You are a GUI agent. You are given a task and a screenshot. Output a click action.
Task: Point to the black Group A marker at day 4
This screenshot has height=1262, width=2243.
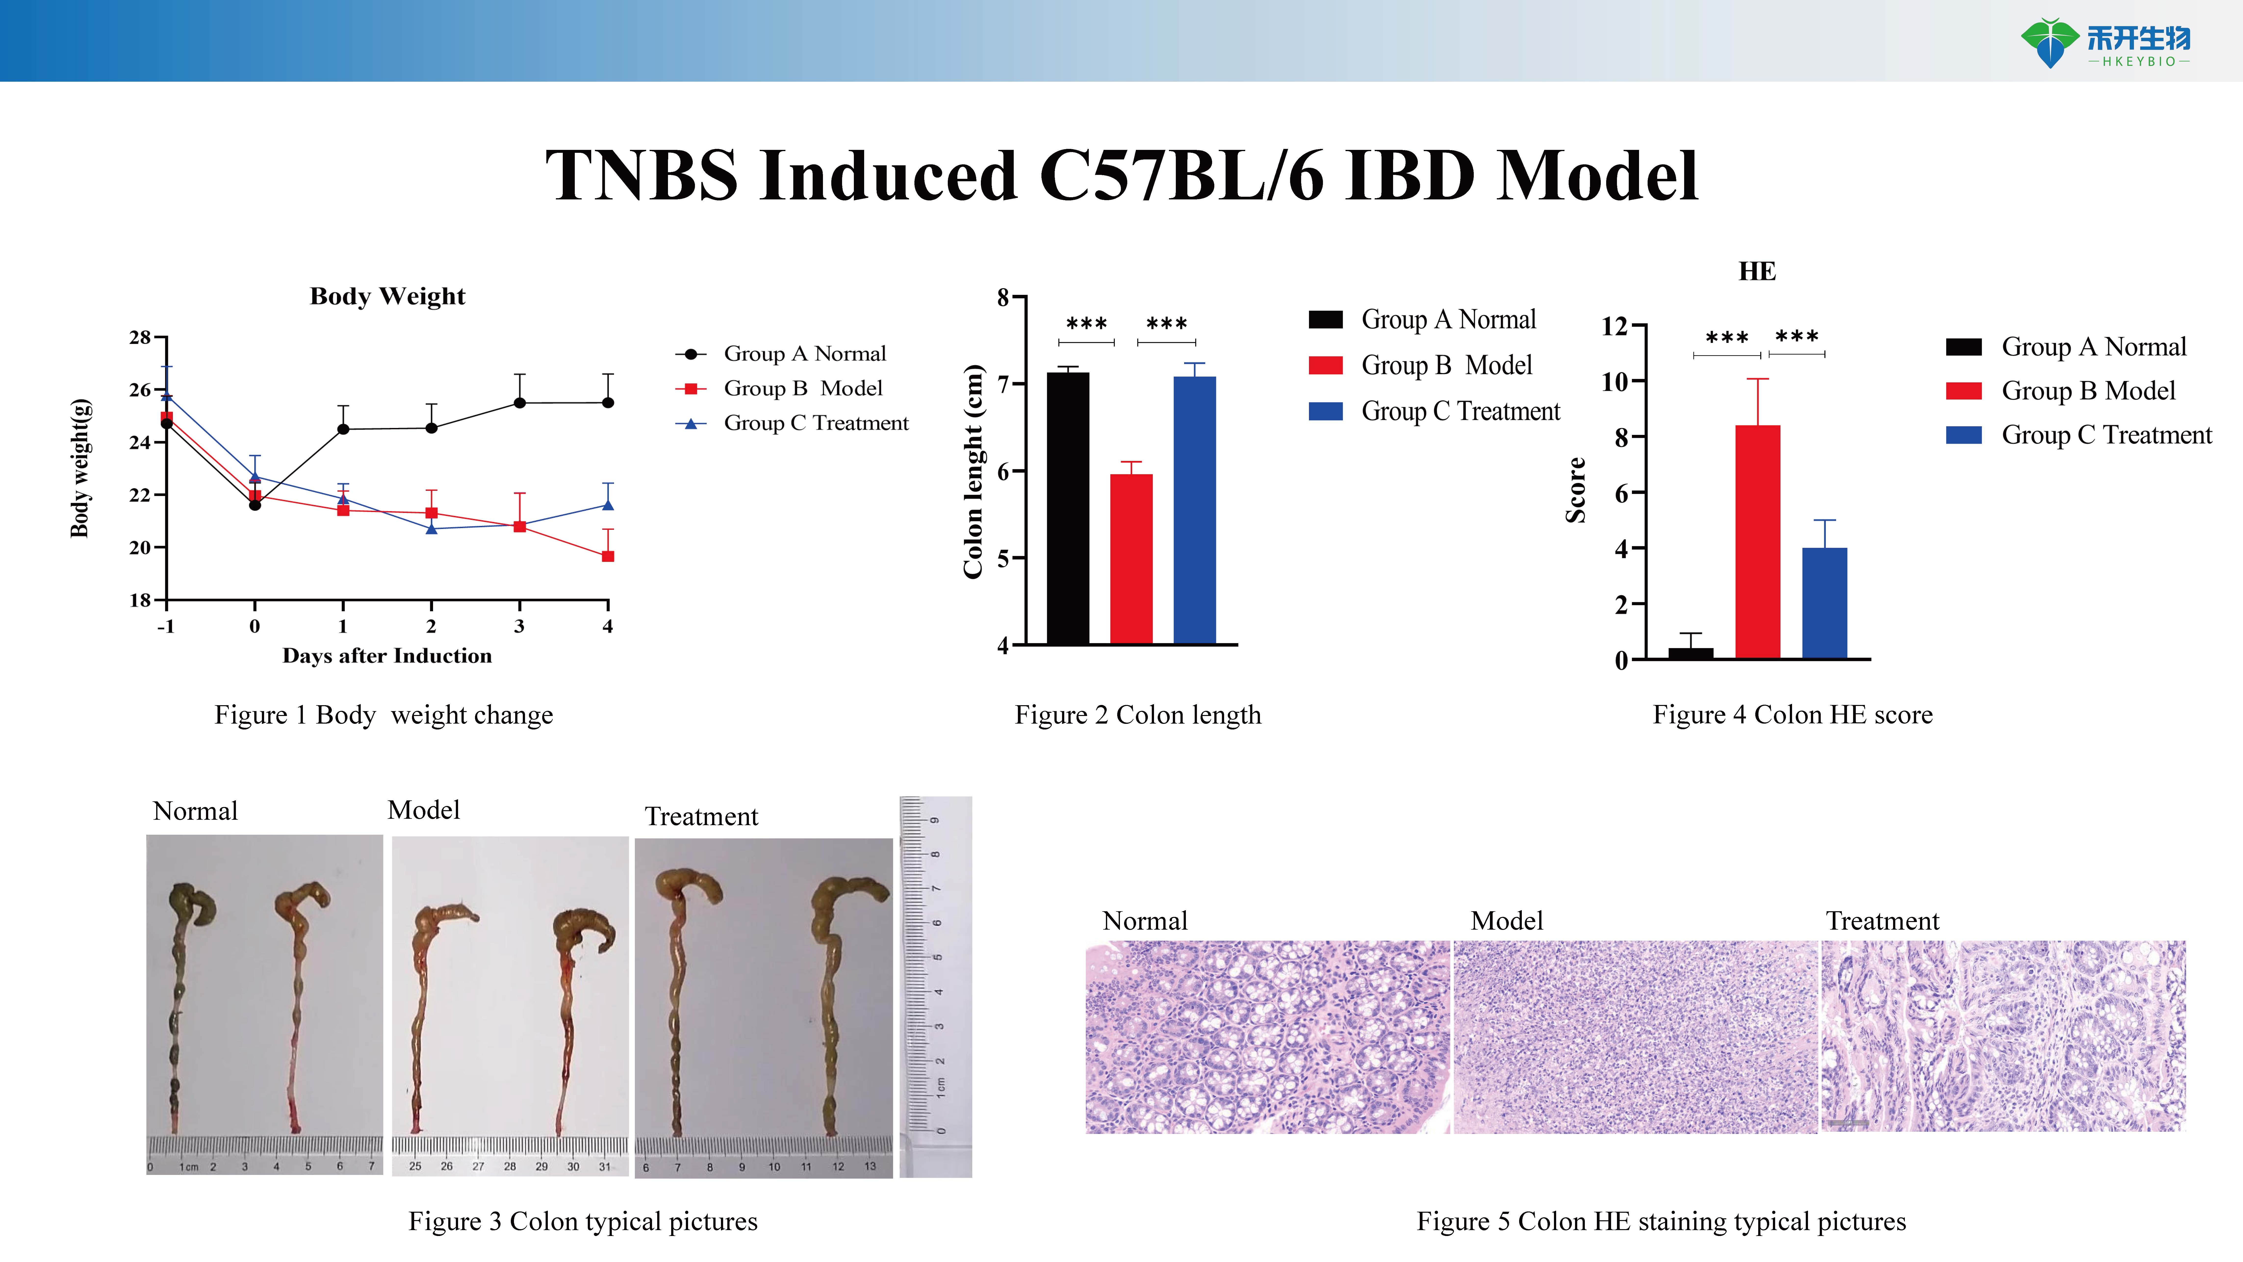[x=608, y=402]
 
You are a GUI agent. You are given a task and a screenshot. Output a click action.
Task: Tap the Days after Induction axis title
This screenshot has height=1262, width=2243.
[x=387, y=656]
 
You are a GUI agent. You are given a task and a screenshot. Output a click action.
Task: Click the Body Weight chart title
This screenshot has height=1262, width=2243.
[x=387, y=296]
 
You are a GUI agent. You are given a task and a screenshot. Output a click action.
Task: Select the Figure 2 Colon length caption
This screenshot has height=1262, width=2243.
[x=1137, y=715]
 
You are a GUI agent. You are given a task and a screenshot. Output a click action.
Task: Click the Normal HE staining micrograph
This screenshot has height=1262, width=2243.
[x=1267, y=1036]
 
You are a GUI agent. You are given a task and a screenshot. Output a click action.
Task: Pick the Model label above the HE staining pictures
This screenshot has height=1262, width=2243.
[x=1506, y=921]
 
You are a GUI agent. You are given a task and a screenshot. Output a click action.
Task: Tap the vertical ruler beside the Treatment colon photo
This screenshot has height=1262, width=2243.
[x=935, y=986]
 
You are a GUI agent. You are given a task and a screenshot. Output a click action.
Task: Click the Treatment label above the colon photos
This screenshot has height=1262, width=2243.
[x=701, y=817]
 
